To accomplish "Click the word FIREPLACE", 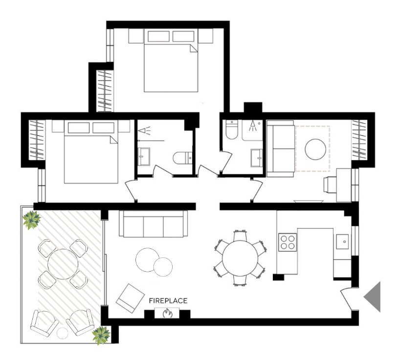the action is [168, 301].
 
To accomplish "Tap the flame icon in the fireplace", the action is [167, 314].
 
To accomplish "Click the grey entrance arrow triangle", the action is [372, 297].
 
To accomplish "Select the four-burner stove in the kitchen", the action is [287, 242].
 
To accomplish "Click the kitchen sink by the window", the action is [342, 241].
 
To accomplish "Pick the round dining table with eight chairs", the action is [240, 258].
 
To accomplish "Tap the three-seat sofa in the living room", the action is [154, 224].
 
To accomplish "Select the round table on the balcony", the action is [63, 264].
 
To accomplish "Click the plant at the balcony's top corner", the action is [31, 220].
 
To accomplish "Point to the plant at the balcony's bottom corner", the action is [101, 336].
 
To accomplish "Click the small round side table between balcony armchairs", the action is [62, 333].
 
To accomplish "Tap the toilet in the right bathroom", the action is [232, 129].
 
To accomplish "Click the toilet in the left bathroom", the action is [182, 158].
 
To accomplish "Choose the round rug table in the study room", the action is [315, 149].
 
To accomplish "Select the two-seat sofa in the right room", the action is [281, 149].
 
